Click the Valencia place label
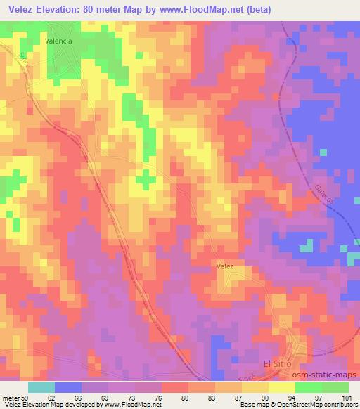pos(59,41)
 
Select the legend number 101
pos(347,397)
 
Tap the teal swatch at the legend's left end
pos(41,387)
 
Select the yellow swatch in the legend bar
pos(281,387)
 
